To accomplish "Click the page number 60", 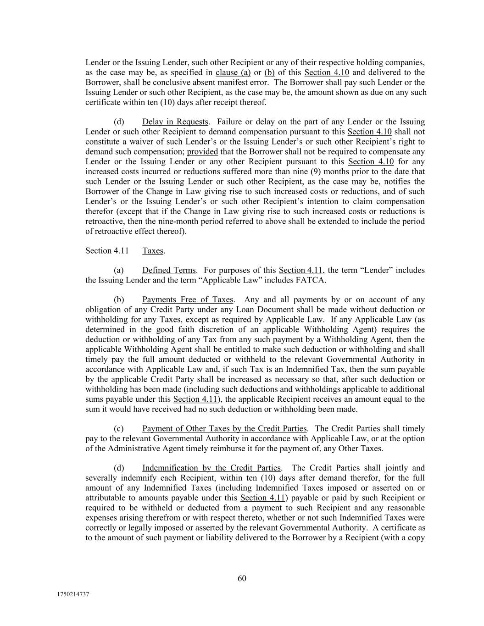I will (x=242, y=578).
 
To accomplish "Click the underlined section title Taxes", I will (x=153, y=251).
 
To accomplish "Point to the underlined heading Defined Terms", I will (x=169, y=270).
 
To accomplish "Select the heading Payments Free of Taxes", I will (x=188, y=300).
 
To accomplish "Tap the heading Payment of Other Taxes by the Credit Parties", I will (x=224, y=429).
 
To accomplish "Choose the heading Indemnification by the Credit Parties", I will (x=211, y=468).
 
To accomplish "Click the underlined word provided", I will (x=202, y=152).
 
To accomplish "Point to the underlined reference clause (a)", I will (x=233, y=72).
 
